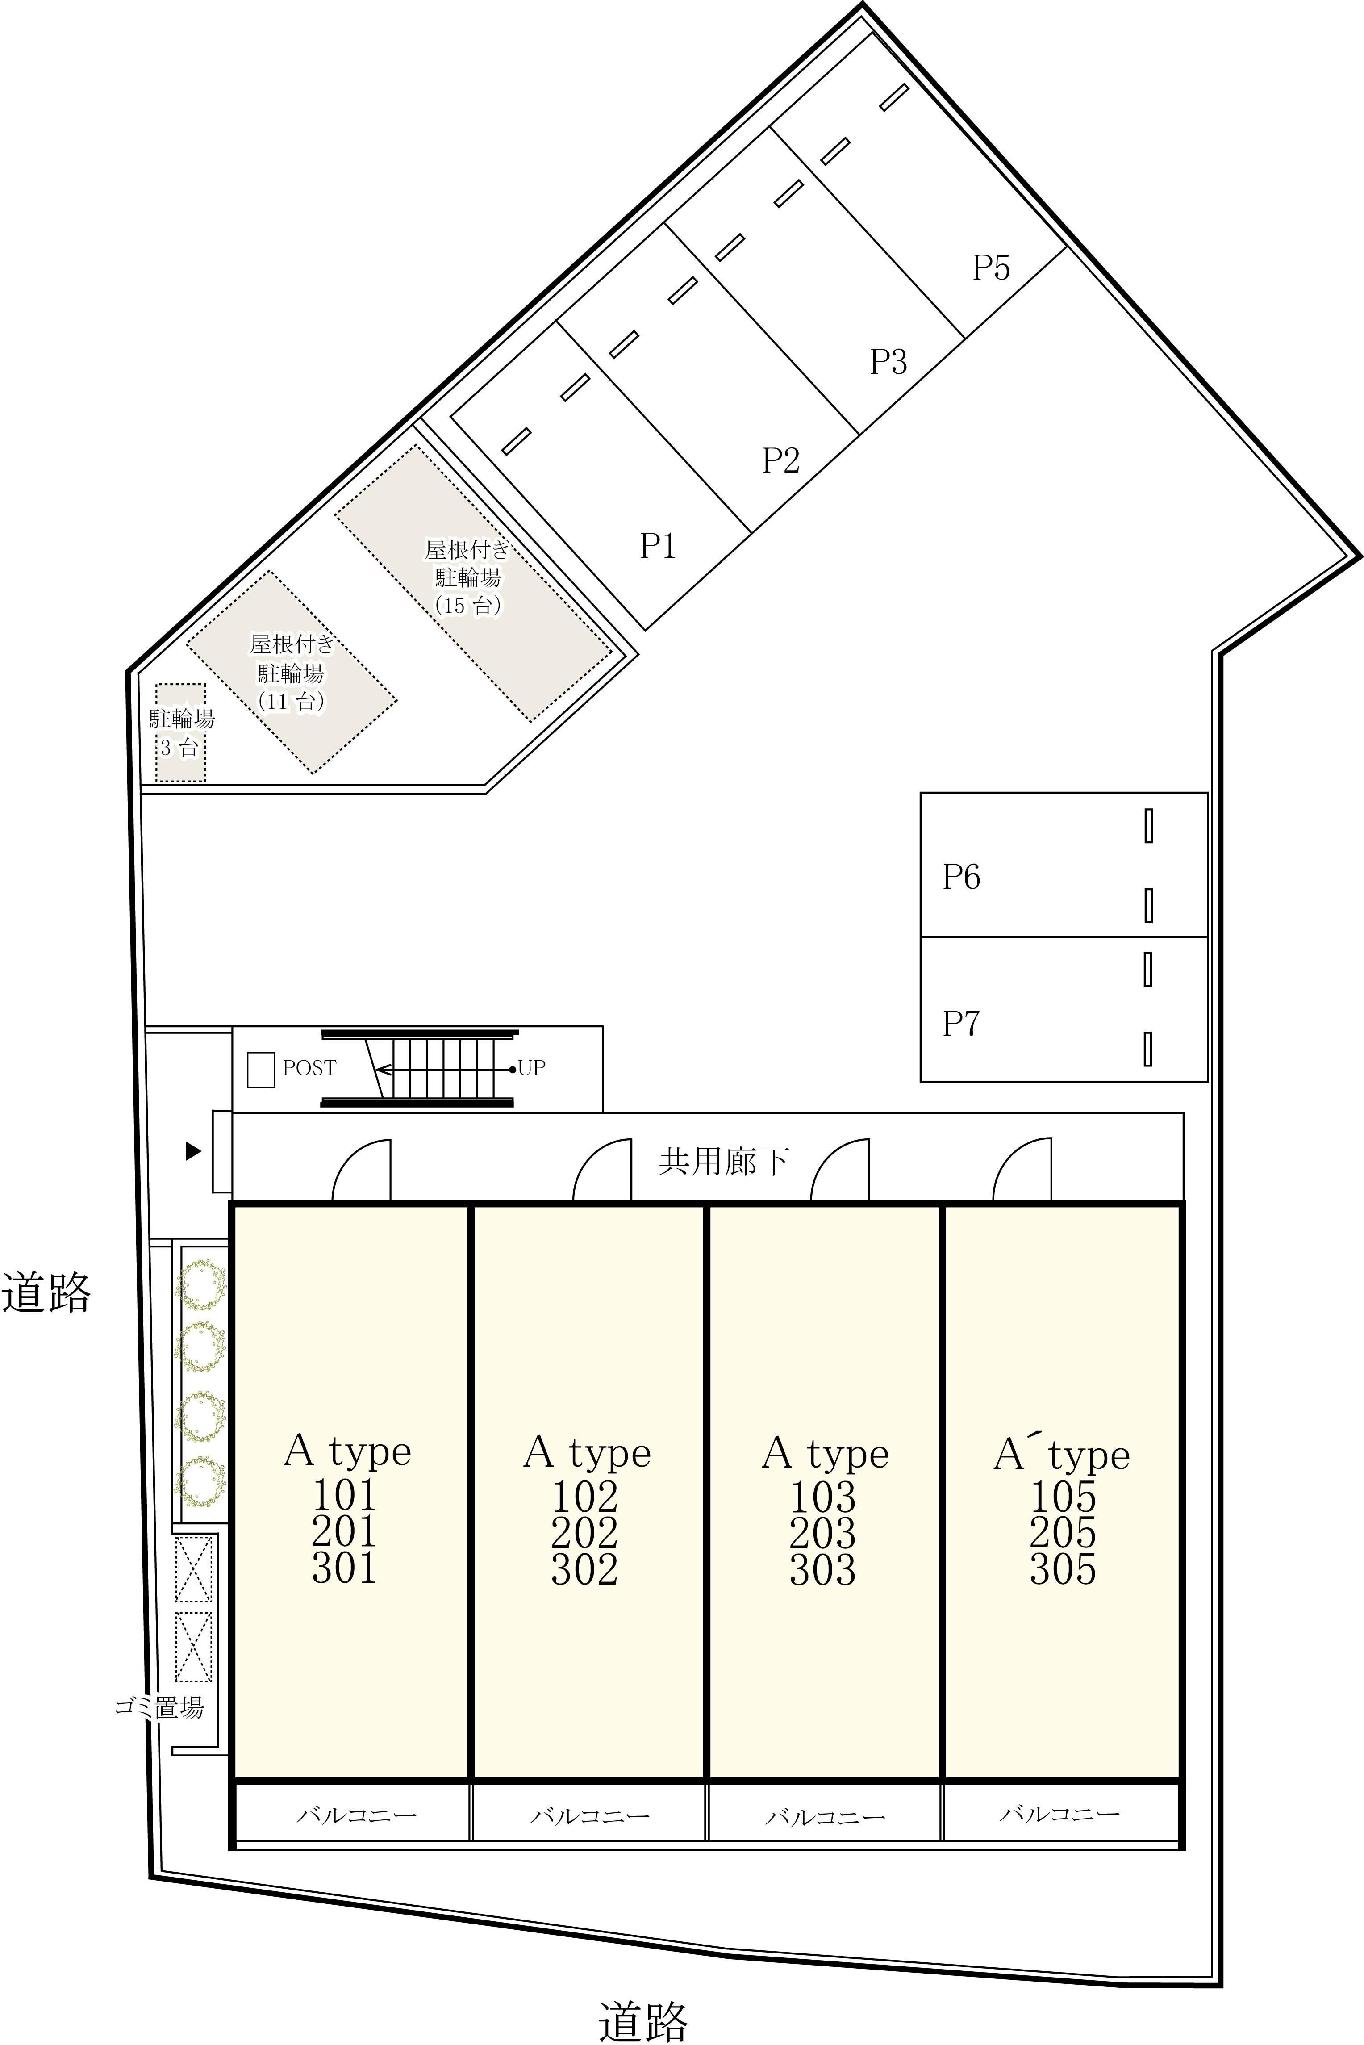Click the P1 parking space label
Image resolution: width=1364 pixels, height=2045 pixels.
coord(658,546)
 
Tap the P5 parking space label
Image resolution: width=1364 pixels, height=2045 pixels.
coord(991,267)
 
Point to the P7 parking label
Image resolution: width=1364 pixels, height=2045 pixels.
coord(961,1023)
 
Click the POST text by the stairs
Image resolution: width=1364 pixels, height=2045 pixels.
coord(309,1068)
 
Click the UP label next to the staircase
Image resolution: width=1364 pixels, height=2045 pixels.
coord(531,1068)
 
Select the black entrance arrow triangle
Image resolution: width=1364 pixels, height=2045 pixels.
coord(193,1151)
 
